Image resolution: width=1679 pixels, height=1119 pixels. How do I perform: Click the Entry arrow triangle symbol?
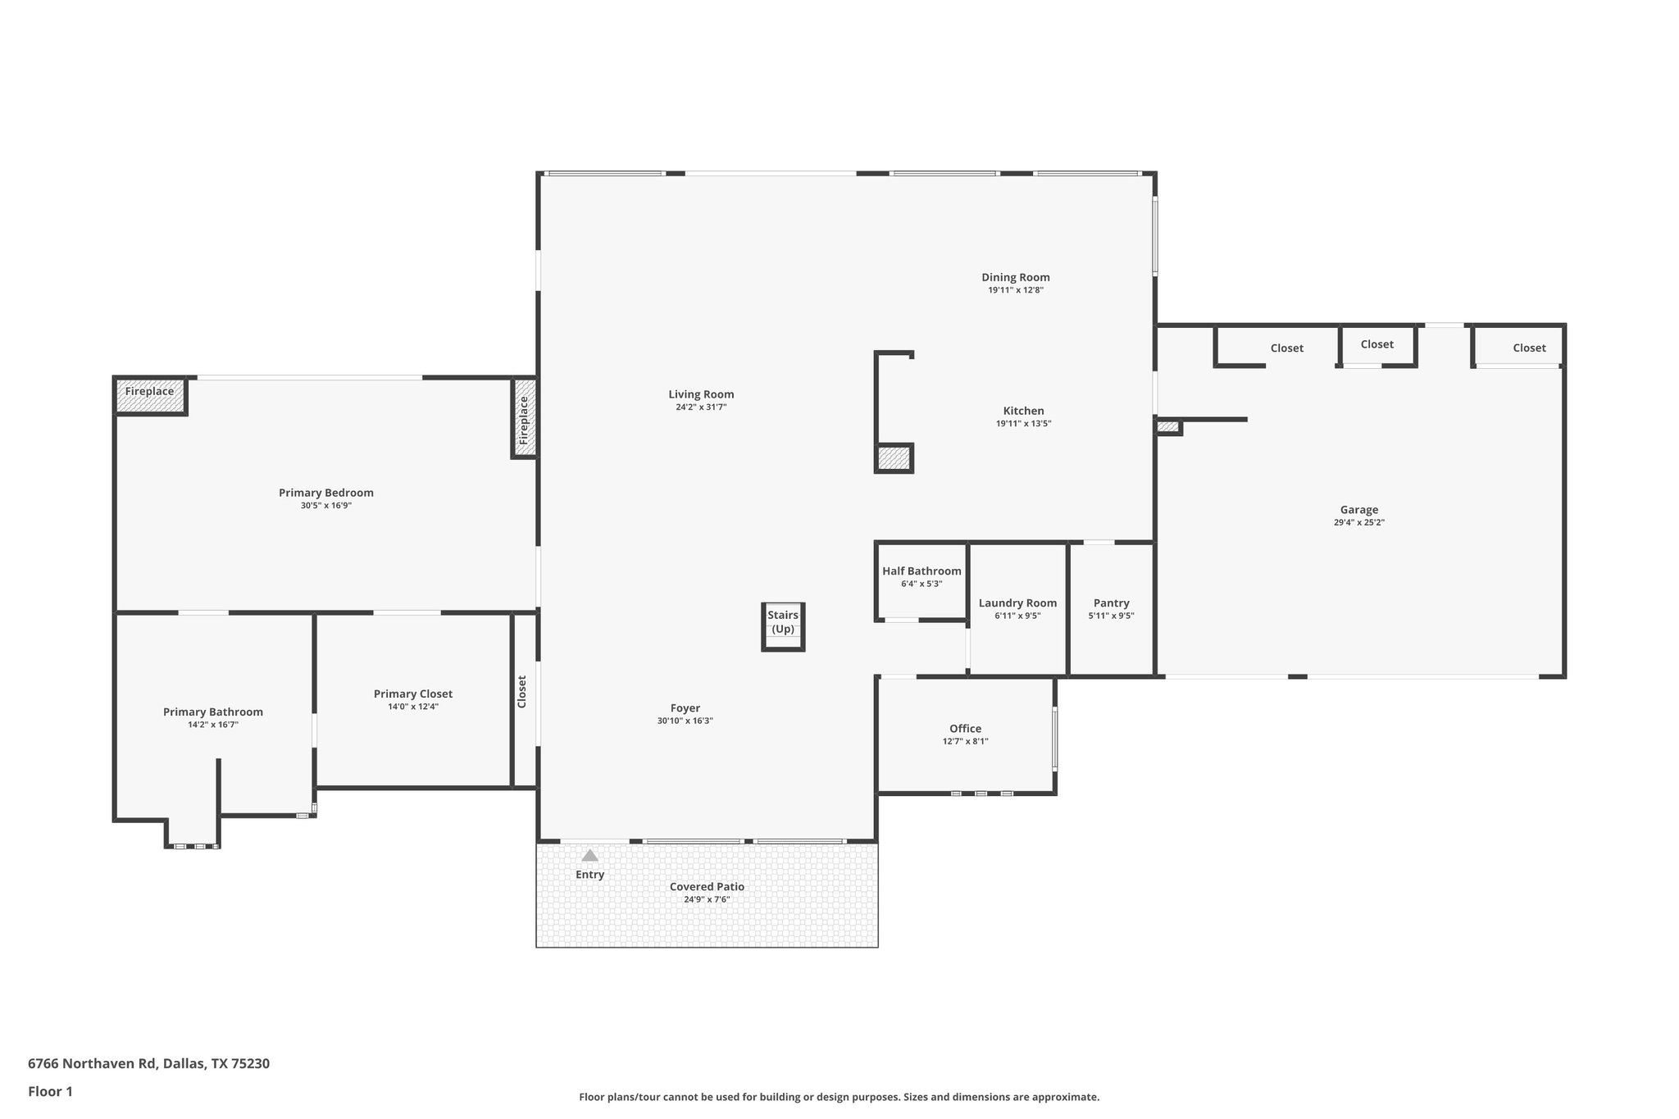click(589, 855)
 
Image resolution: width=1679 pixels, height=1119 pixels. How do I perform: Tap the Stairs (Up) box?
click(783, 626)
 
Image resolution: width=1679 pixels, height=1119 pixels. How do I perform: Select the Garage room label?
click(1358, 510)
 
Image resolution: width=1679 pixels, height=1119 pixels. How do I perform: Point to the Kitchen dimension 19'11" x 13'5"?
click(1023, 424)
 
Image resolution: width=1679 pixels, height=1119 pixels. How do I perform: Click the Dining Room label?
click(1015, 277)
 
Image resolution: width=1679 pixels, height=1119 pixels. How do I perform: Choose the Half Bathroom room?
click(921, 577)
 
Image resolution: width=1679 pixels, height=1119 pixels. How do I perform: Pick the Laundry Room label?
click(1017, 603)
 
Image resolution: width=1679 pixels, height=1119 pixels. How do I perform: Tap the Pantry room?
click(1111, 608)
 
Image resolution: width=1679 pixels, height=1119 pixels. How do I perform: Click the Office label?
click(965, 729)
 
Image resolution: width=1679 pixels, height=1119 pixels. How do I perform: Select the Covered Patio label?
click(707, 887)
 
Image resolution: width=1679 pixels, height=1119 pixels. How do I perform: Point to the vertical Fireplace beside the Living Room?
click(524, 419)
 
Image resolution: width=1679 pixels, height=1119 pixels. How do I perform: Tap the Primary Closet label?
click(412, 694)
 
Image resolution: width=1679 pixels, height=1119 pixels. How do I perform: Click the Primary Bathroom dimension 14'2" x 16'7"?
click(213, 725)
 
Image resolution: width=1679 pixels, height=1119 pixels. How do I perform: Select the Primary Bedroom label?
click(325, 493)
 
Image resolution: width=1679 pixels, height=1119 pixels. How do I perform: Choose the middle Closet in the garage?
click(1376, 345)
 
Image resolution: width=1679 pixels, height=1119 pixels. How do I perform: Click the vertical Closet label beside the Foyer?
click(522, 691)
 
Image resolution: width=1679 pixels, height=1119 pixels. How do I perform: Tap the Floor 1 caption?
click(51, 1091)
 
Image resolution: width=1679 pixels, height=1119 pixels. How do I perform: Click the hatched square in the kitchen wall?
click(894, 458)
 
